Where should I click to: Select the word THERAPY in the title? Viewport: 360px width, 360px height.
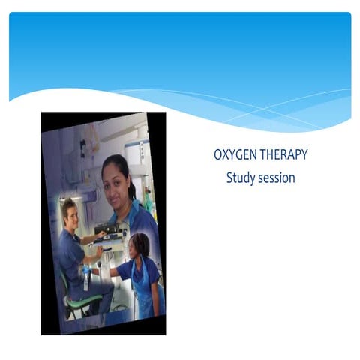(x=283, y=156)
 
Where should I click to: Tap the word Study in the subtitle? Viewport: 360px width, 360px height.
(x=240, y=178)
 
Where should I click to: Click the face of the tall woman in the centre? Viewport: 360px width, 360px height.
(x=116, y=181)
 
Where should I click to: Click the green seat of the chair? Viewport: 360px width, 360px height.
(x=83, y=301)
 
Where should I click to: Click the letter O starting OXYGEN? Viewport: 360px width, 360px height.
(x=218, y=156)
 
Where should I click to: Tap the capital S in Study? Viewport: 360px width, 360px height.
(x=229, y=178)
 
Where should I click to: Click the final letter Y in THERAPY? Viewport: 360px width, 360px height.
(x=304, y=156)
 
